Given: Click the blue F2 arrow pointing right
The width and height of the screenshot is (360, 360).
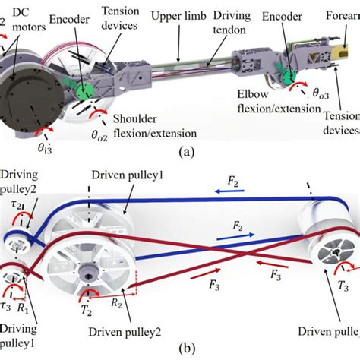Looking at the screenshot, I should (234, 226).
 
